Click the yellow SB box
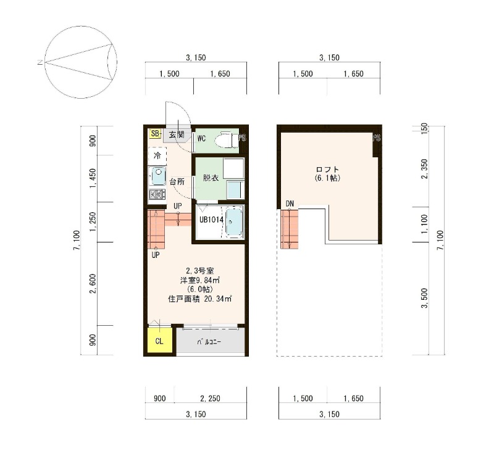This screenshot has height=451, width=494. tap(155, 133)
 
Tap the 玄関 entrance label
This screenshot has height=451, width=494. tap(177, 134)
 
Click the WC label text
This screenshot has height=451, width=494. tap(202, 138)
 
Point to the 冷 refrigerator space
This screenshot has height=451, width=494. tap(157, 156)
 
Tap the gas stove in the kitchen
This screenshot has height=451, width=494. tap(157, 194)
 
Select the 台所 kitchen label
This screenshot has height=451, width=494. tap(177, 181)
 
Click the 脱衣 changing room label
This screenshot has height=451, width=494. tap(211, 178)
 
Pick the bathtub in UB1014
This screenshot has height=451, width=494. tap(234, 222)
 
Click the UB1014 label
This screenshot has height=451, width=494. tap(211, 220)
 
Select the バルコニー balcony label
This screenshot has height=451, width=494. tap(209, 342)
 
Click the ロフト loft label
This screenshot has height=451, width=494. tap(327, 170)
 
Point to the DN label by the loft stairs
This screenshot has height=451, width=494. tap(290, 204)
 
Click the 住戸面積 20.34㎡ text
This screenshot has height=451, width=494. tap(200, 299)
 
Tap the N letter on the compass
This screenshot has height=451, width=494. tap(40, 62)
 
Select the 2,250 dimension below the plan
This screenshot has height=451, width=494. tap(210, 399)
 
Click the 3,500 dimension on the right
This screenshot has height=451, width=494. tap(424, 298)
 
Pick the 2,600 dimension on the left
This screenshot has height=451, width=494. tap(93, 283)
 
